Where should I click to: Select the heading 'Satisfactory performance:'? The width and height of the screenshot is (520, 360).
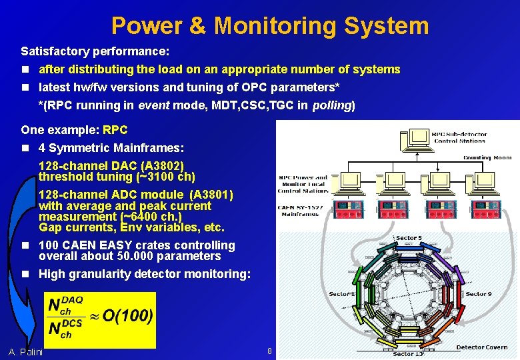click(95, 51)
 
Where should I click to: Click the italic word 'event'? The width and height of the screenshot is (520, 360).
click(154, 105)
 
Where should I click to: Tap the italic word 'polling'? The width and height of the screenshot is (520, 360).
click(332, 105)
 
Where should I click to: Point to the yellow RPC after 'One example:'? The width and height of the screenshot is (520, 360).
click(115, 130)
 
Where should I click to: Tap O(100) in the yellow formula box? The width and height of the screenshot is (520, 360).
click(127, 315)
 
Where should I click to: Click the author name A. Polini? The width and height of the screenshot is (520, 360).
click(26, 351)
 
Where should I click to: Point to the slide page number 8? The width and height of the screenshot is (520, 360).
click(270, 351)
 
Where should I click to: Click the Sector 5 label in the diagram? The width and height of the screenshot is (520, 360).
click(408, 238)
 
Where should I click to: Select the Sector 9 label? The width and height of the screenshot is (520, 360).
click(479, 294)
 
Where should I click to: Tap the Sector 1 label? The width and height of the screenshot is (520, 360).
click(342, 294)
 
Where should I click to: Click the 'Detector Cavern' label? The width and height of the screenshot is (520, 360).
click(481, 347)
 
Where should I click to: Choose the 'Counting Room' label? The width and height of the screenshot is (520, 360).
click(487, 157)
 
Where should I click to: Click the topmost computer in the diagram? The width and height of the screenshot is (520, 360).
click(420, 137)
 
